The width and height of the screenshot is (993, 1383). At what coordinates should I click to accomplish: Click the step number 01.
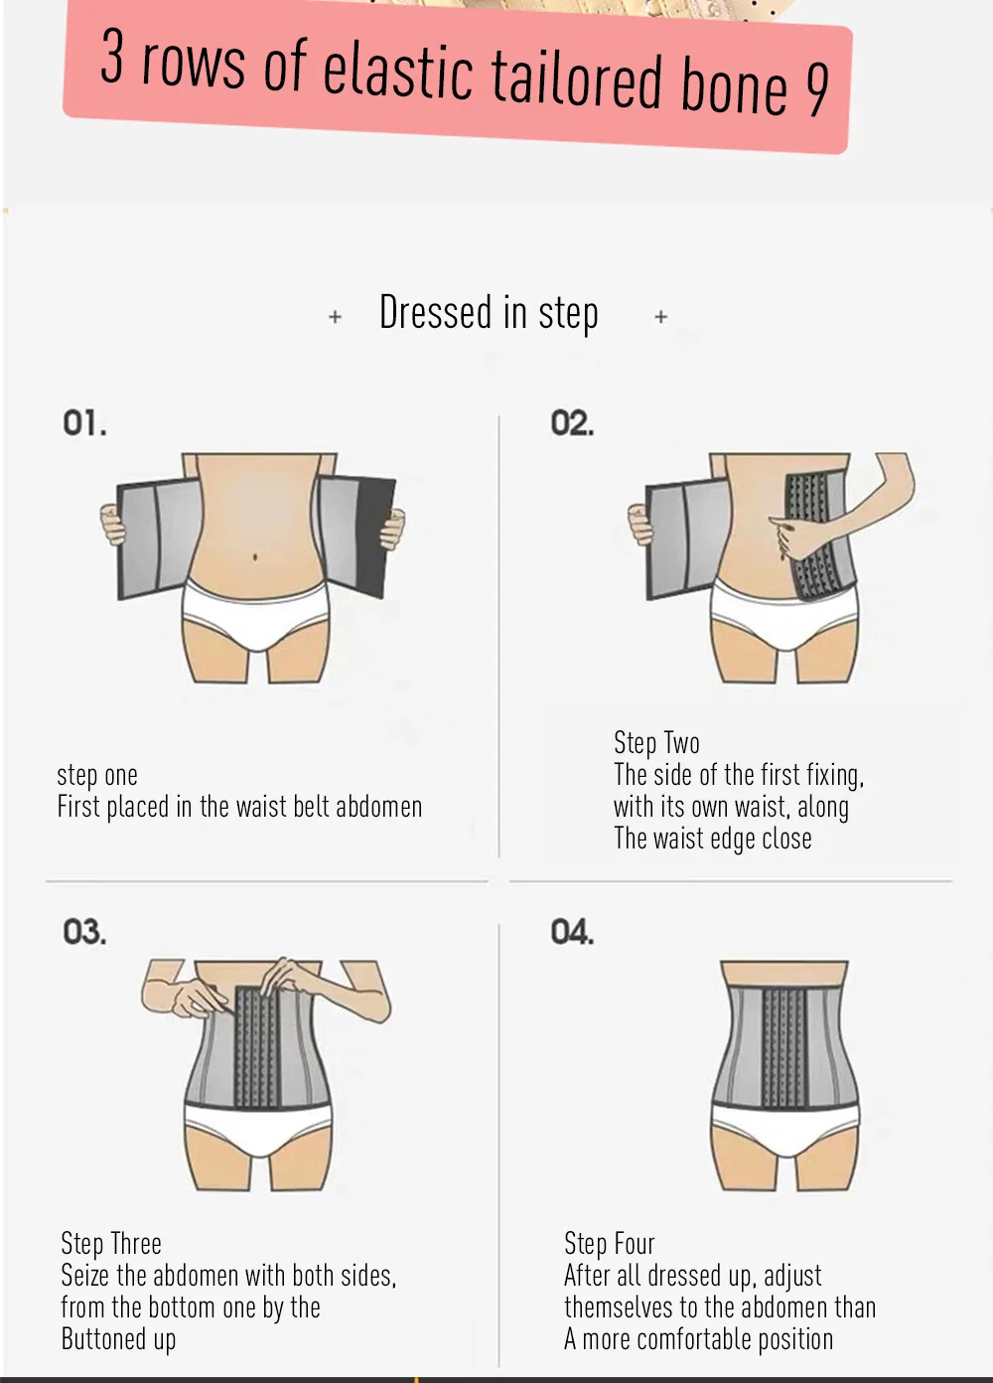click(84, 423)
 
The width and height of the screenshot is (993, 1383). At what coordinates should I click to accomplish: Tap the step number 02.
click(572, 423)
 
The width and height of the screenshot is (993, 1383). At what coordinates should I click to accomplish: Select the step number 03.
click(84, 932)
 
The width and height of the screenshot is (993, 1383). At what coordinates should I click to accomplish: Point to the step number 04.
click(572, 932)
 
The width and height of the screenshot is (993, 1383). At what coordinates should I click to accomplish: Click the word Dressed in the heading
click(436, 312)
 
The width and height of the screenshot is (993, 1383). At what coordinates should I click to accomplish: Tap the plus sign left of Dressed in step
click(335, 317)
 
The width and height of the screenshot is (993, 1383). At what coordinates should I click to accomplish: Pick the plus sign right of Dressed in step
click(661, 317)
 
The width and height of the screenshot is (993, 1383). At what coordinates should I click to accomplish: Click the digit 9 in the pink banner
click(816, 89)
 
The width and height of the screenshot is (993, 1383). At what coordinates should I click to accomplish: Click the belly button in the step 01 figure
click(255, 557)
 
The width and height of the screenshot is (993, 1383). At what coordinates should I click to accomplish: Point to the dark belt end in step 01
click(374, 538)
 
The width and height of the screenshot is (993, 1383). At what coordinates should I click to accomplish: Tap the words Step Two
click(656, 742)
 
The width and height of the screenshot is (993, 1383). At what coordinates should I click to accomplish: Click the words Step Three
click(111, 1243)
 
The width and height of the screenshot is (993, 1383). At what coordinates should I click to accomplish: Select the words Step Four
click(609, 1243)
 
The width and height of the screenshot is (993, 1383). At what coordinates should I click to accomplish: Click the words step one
click(97, 775)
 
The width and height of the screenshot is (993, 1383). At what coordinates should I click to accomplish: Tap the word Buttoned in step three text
click(102, 1339)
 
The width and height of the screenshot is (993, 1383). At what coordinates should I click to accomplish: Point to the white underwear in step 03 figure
click(258, 1129)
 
